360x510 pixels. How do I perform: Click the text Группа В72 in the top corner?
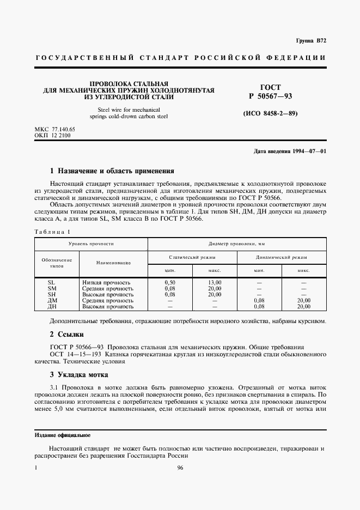pyautogui.click(x=310, y=41)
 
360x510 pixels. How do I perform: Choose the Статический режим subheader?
pyautogui.click(x=192, y=257)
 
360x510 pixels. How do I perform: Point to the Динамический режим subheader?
pyautogui.click(x=282, y=257)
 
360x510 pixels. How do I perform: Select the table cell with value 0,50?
pyautogui.click(x=169, y=282)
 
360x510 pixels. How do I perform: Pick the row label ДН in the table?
pyautogui.click(x=53, y=306)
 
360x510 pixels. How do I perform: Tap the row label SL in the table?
pyautogui.click(x=52, y=282)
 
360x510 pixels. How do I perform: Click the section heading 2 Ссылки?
pyautogui.click(x=67, y=333)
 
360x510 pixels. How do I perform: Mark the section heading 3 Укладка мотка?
pyautogui.click(x=79, y=374)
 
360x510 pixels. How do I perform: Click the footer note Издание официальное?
pyautogui.click(x=63, y=436)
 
